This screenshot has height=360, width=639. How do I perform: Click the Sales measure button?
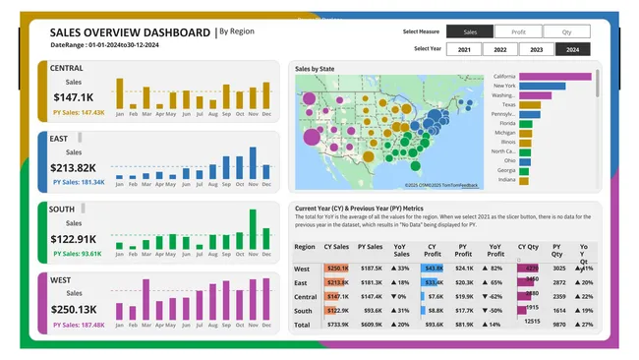(x=470, y=32)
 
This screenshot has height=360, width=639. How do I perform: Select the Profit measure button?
(x=518, y=32)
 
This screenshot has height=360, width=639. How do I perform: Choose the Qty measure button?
(x=567, y=32)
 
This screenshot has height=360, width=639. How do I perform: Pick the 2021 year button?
(x=464, y=49)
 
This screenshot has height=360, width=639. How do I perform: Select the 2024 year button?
(x=572, y=49)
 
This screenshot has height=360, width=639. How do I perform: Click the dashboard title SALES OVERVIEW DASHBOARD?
(x=130, y=32)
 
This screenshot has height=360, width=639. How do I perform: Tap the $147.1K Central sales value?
(x=74, y=97)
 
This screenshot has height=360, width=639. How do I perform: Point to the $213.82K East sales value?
(x=74, y=168)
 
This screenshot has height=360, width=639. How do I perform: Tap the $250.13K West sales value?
(x=74, y=310)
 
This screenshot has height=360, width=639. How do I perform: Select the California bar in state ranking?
(x=555, y=77)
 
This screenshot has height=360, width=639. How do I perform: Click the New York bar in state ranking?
(x=542, y=87)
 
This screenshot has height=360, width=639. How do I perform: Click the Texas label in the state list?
(x=508, y=104)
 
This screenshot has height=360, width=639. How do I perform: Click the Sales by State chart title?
(x=319, y=69)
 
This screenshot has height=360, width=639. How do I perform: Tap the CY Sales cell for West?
(x=337, y=268)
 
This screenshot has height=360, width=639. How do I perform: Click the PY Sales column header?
(x=371, y=248)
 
